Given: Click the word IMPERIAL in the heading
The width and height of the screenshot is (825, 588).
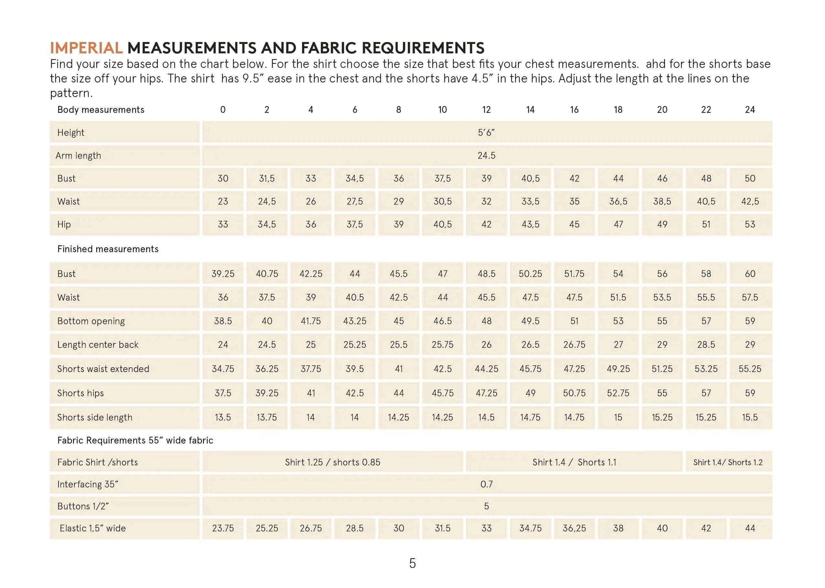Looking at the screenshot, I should (x=86, y=48).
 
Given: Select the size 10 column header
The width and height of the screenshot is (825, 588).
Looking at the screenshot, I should (x=442, y=110).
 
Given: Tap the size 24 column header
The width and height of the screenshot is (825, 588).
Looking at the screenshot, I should (x=750, y=110).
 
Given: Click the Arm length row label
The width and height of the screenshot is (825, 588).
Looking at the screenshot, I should (x=78, y=155).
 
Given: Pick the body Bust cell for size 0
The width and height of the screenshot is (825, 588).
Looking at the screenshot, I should (x=223, y=178).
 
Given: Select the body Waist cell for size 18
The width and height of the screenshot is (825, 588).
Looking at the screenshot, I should (x=618, y=201).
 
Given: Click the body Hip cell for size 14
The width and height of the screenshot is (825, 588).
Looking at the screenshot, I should (x=530, y=224).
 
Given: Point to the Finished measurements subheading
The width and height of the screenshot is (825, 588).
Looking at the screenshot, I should (x=108, y=249).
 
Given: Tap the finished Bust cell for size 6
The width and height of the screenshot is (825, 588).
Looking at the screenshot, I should (x=355, y=274).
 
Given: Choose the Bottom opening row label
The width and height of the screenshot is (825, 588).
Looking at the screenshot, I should (x=91, y=321).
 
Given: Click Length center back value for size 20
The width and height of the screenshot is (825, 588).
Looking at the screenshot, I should (x=662, y=345).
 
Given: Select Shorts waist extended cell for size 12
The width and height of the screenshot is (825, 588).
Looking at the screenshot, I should (x=486, y=369).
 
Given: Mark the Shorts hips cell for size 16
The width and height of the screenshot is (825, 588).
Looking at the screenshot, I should (x=574, y=393).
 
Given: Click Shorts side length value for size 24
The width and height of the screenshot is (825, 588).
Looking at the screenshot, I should (x=750, y=418).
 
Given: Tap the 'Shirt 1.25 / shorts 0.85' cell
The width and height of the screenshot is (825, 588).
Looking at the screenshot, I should (x=333, y=462).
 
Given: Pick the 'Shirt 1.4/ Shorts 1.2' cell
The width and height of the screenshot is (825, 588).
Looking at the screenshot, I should (x=728, y=462).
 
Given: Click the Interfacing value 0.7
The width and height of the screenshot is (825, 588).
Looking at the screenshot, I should (x=486, y=484).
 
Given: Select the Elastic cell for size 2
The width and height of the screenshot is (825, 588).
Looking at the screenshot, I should (x=267, y=528).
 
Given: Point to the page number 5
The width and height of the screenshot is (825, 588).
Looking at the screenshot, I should (x=412, y=563).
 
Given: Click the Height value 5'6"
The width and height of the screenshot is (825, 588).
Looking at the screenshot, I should (x=486, y=132).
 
